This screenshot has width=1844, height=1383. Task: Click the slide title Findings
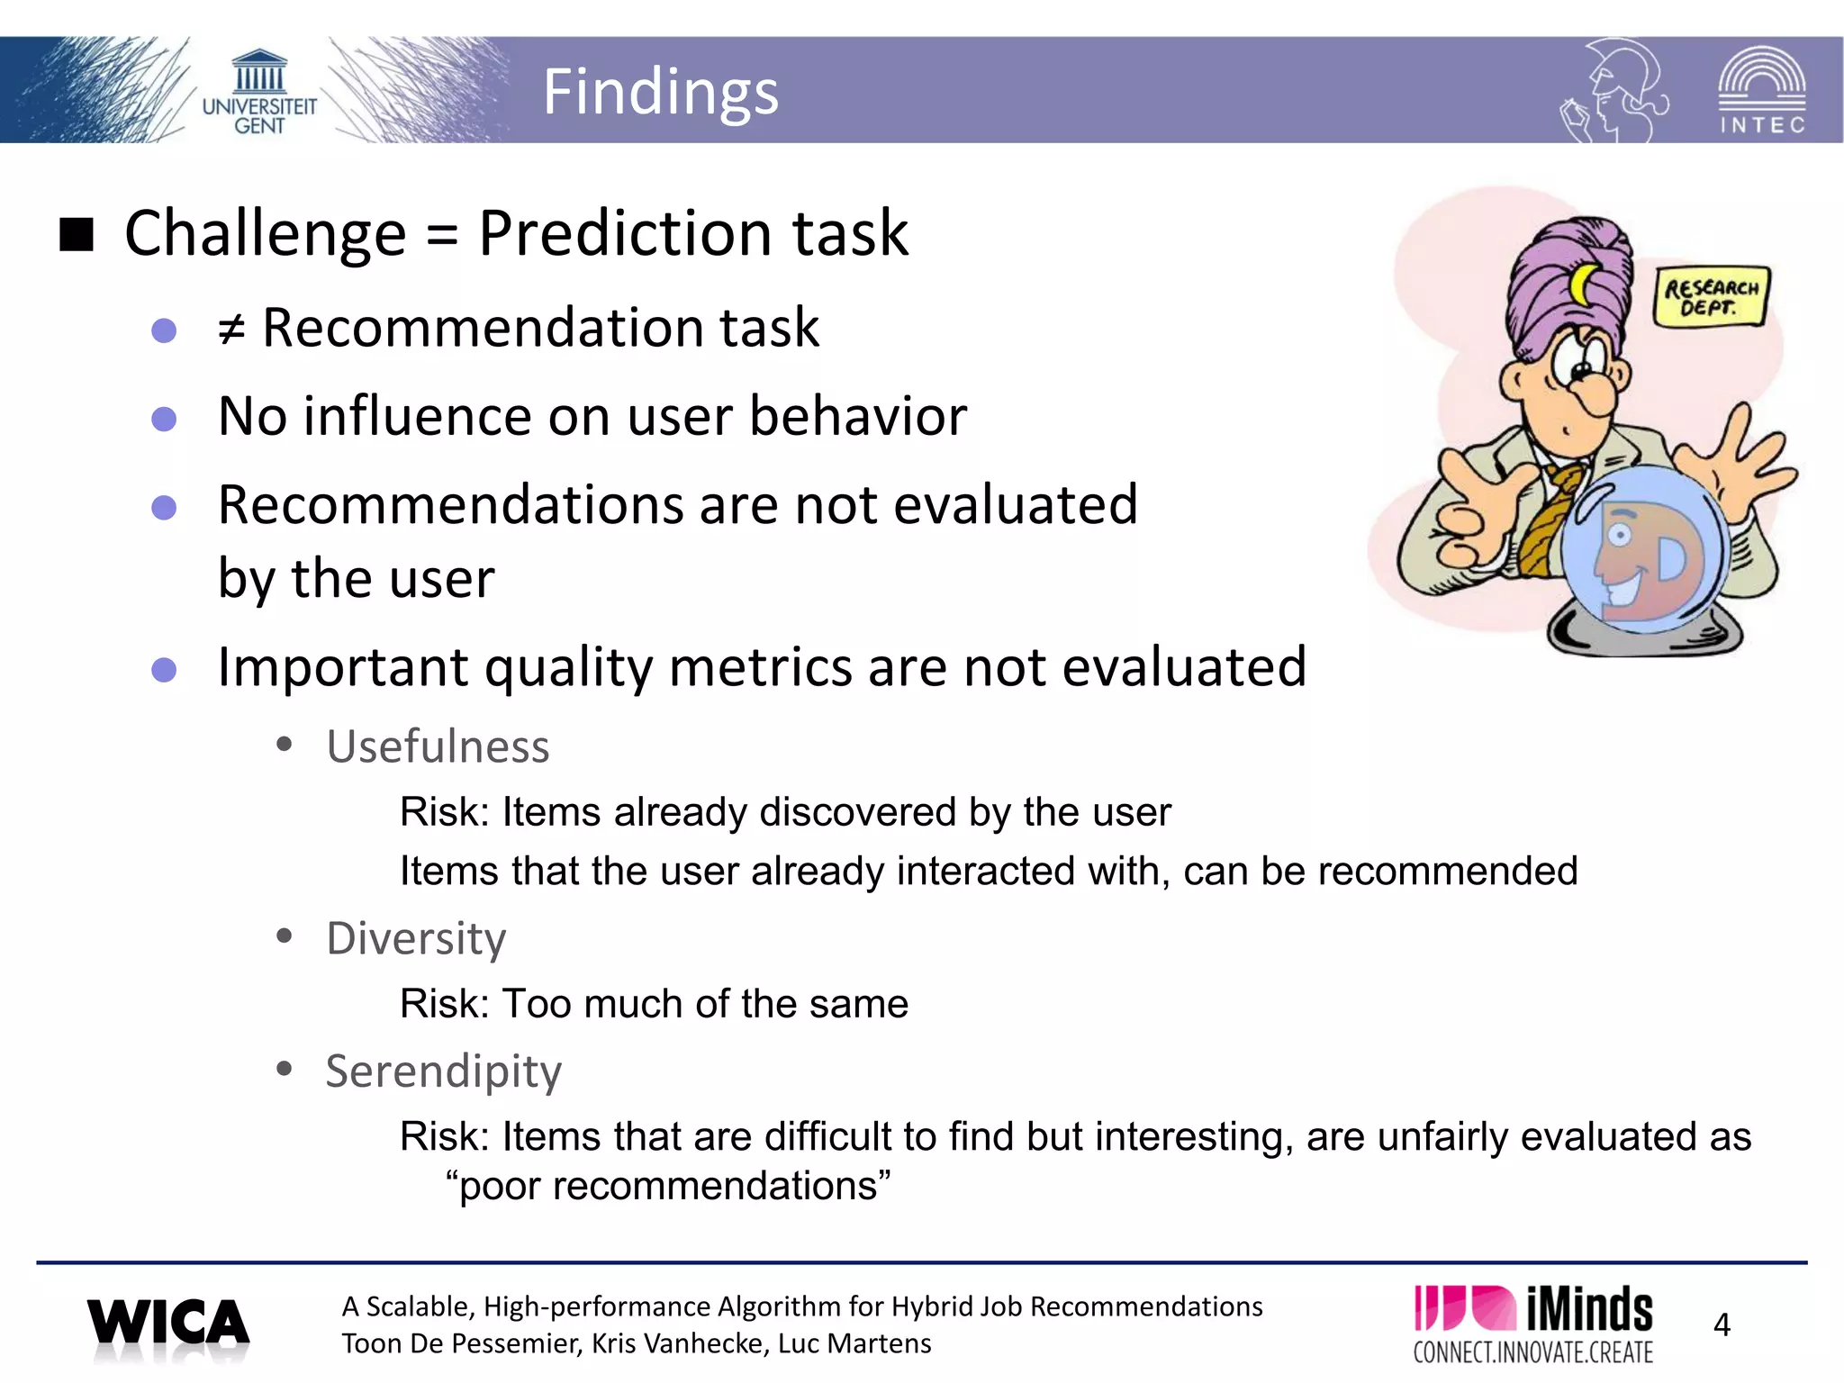[x=660, y=93]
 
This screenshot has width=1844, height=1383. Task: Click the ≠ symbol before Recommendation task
[x=231, y=330]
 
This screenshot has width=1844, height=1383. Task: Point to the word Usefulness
[x=438, y=746]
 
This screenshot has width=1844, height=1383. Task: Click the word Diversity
[x=416, y=938]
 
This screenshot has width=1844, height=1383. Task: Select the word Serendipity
[x=443, y=1071]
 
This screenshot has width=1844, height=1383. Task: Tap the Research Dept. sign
[x=1711, y=296]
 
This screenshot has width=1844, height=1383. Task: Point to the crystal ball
[x=1643, y=551]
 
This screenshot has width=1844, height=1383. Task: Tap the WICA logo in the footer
[x=168, y=1324]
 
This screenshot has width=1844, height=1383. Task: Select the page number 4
[x=1722, y=1324]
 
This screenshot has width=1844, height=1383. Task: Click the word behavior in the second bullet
[x=857, y=417]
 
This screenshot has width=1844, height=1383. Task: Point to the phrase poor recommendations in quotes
[x=668, y=1186]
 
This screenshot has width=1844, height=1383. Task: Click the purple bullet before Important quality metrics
[x=164, y=670]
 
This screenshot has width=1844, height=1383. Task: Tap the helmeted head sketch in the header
[x=1614, y=90]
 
